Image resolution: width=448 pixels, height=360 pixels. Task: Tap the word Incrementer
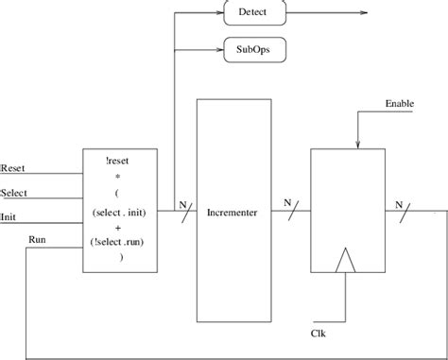[232, 211]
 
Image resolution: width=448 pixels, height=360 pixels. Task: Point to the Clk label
[319, 333]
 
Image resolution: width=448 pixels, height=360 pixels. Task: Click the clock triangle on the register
[347, 259]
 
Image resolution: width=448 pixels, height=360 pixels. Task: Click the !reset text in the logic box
[120, 160]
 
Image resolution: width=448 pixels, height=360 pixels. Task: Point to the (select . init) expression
[120, 214]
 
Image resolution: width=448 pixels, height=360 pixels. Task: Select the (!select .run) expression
[120, 241]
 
